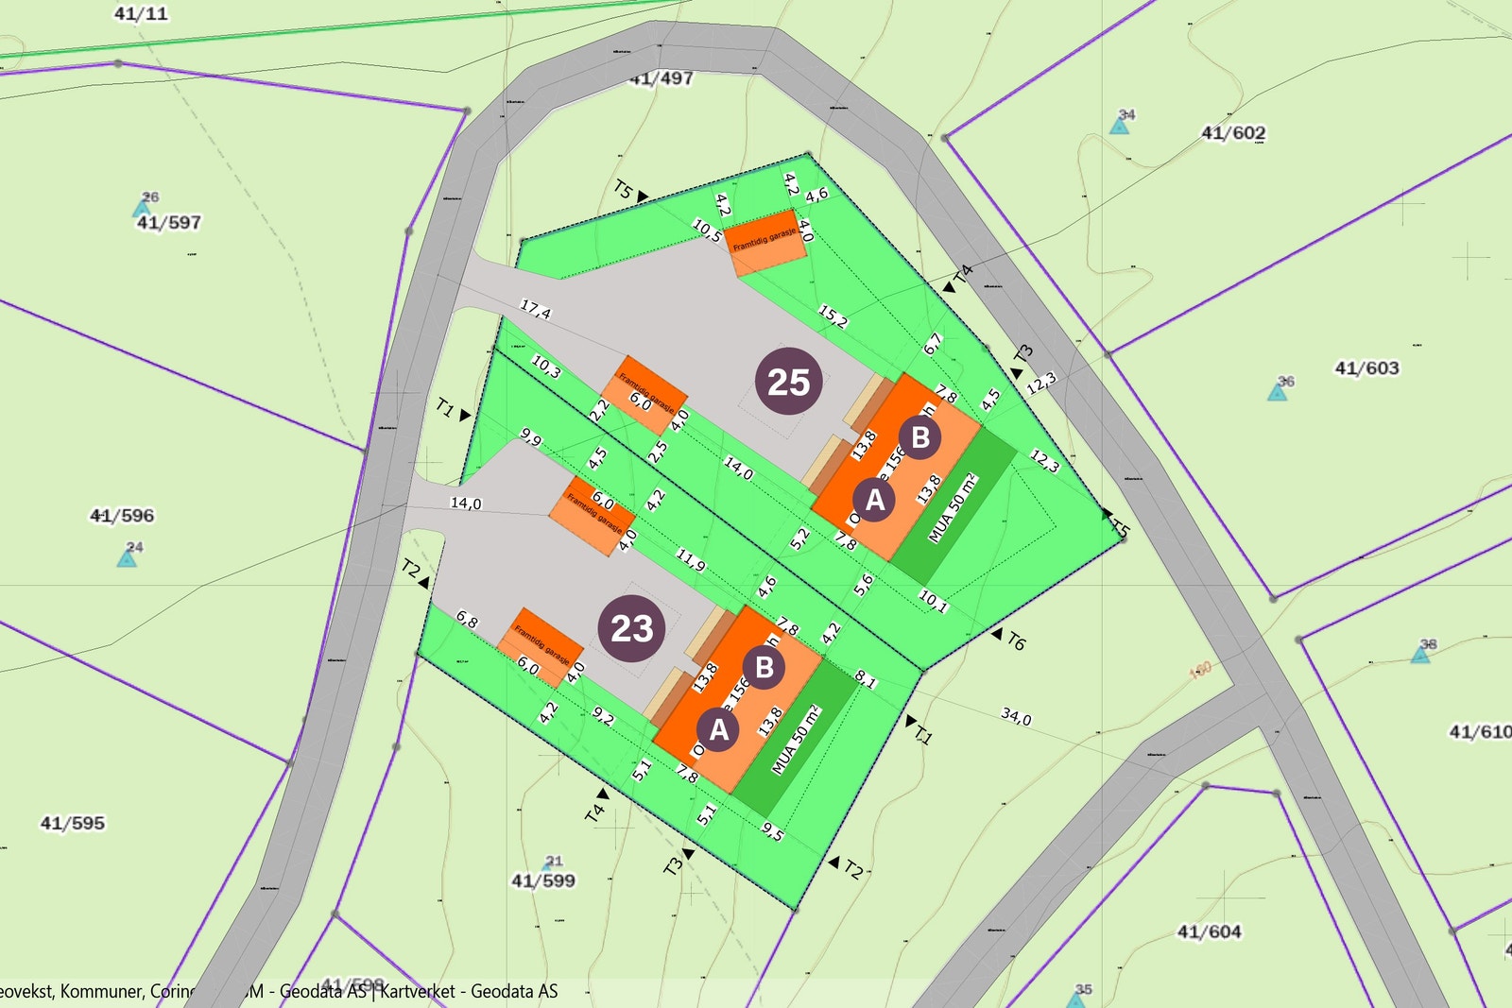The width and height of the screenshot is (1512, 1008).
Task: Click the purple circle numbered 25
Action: [788, 382]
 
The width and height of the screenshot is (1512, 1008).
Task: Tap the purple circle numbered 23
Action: [631, 628]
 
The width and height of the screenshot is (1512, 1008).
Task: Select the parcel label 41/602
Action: [1232, 133]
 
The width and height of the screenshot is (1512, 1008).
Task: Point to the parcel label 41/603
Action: [1366, 368]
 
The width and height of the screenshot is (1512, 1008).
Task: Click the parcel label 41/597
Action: [168, 223]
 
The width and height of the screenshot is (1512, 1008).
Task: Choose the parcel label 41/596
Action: [121, 516]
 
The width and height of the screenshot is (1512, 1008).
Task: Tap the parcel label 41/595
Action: [72, 823]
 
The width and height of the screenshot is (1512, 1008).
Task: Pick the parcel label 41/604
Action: [1209, 931]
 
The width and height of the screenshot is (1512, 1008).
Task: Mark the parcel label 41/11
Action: [140, 13]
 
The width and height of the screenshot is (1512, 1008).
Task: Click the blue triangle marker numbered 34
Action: [1119, 125]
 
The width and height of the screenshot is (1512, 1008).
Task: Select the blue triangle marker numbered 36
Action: [1277, 391]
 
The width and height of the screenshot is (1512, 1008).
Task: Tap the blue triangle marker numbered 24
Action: [127, 557]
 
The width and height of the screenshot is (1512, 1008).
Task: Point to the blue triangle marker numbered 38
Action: [1420, 654]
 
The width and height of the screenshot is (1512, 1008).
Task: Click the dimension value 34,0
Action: [1016, 717]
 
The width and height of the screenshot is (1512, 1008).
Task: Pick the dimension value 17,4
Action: [535, 309]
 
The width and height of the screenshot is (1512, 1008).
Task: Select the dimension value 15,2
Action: [833, 316]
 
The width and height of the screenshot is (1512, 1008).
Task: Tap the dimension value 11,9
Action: [690, 561]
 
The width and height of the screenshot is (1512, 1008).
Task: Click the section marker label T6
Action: [1015, 641]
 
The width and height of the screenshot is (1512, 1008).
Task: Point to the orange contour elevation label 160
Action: [1199, 671]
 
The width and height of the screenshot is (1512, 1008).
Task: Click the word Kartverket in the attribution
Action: [417, 991]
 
